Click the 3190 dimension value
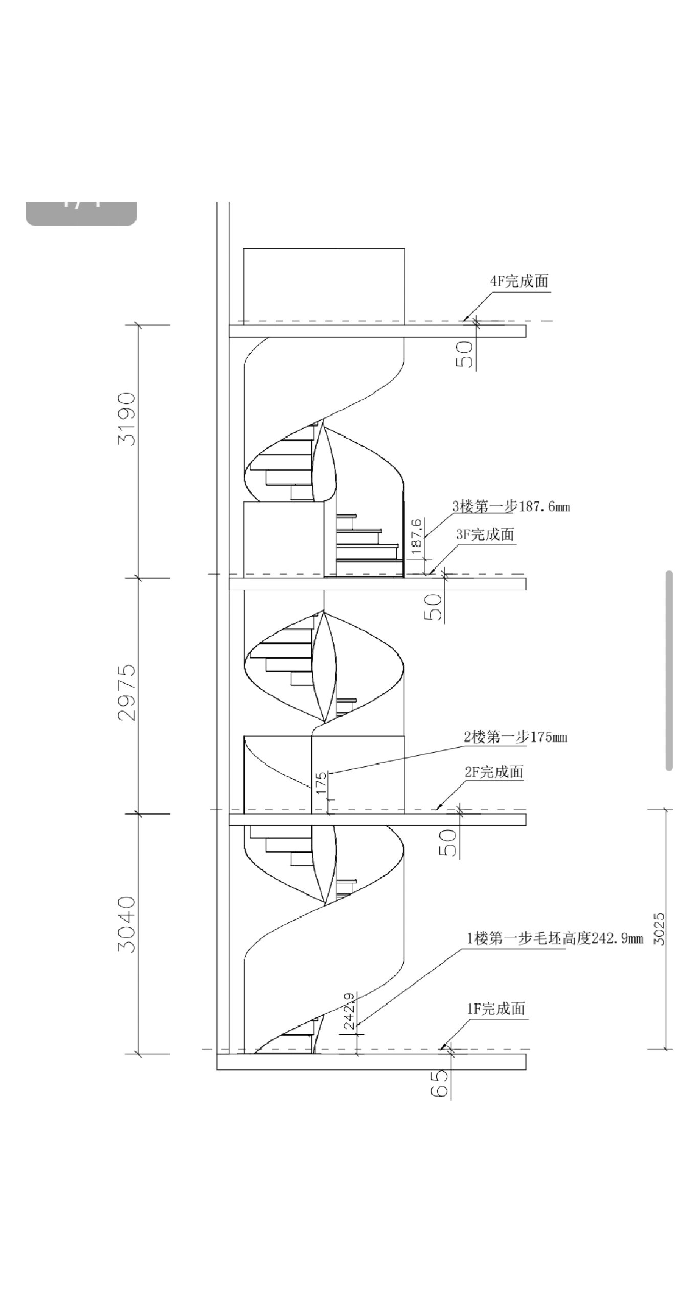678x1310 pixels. pos(127,419)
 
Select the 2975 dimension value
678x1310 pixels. pos(127,692)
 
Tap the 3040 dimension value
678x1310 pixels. pos(127,924)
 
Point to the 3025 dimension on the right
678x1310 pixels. pos(660,929)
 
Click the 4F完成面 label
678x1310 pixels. pos(519,281)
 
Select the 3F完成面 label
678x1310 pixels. pos(485,535)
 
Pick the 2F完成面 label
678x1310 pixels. pos(494,772)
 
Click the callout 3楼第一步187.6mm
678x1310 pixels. pos(511,507)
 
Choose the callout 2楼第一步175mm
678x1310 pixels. pos(515,737)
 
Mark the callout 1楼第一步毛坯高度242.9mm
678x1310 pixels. pos(555,938)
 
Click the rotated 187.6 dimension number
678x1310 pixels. pos(417,536)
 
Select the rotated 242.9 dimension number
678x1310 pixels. pos(349,1012)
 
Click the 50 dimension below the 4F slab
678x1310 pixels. pos(465,354)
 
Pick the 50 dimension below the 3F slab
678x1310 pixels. pos(434,606)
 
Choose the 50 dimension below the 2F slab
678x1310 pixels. pos(448,843)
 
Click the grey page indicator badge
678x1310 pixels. pos(81,212)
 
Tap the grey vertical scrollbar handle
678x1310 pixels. pos(669,670)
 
